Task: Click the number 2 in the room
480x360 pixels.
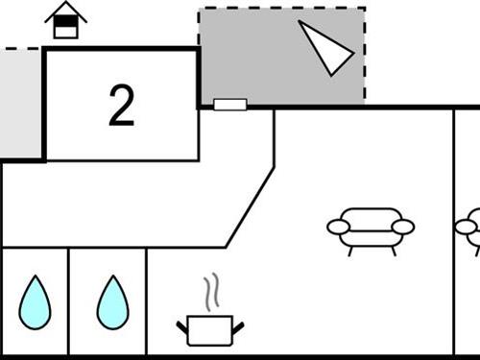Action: (x=121, y=107)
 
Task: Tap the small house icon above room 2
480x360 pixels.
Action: (x=65, y=21)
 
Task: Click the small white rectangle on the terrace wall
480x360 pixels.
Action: (x=230, y=105)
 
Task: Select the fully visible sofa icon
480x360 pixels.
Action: (x=371, y=229)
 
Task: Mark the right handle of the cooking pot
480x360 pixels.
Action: (x=237, y=328)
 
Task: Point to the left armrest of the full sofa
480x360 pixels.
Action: (x=339, y=228)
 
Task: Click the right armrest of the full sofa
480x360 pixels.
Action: (x=403, y=227)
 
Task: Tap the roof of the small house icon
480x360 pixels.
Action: (x=65, y=11)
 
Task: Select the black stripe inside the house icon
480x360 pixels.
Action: (x=65, y=24)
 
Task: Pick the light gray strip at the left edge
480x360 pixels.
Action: (x=20, y=101)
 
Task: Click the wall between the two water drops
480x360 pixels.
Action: (x=69, y=301)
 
